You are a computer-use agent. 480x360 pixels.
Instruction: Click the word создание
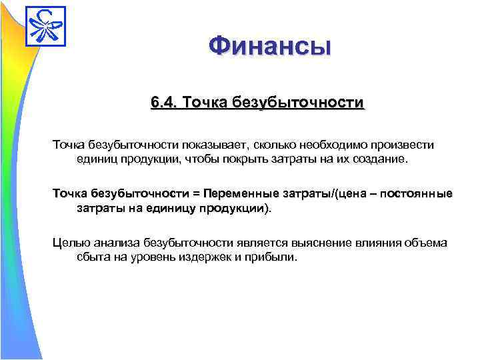tap(383, 160)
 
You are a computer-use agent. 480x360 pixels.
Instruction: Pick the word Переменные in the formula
tap(242, 193)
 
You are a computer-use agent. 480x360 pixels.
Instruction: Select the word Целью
tap(69, 242)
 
